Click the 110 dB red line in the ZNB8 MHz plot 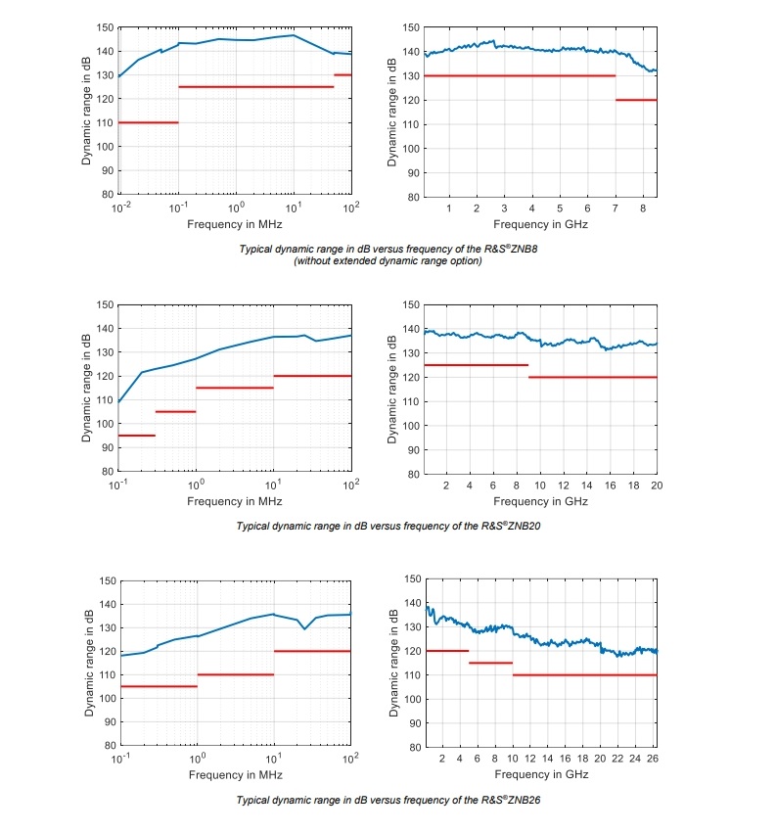point(148,122)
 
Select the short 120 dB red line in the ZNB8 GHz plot point(636,100)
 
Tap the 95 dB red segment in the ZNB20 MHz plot point(136,436)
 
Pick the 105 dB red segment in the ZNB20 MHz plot point(175,411)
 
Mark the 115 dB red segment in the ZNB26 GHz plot point(490,663)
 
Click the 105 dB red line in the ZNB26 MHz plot point(158,686)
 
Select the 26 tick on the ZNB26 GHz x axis point(653,759)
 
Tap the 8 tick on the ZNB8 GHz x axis point(643,208)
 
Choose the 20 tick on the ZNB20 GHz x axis point(655,485)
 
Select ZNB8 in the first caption point(521,249)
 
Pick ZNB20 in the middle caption point(521,526)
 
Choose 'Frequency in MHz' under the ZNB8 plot point(234,224)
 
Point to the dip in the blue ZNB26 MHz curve point(304,628)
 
